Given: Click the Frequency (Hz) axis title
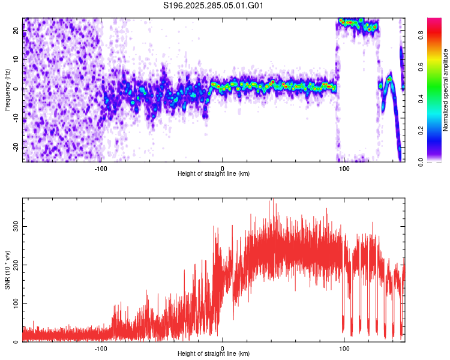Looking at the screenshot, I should (x=7, y=89).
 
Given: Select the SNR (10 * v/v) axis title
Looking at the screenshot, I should (x=7, y=270).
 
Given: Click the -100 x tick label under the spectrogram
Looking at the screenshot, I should (x=101, y=168).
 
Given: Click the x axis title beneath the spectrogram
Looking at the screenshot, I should (x=214, y=174).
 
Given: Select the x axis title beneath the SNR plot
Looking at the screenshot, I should (x=214, y=354).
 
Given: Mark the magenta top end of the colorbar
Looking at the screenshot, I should (x=434, y=21).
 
